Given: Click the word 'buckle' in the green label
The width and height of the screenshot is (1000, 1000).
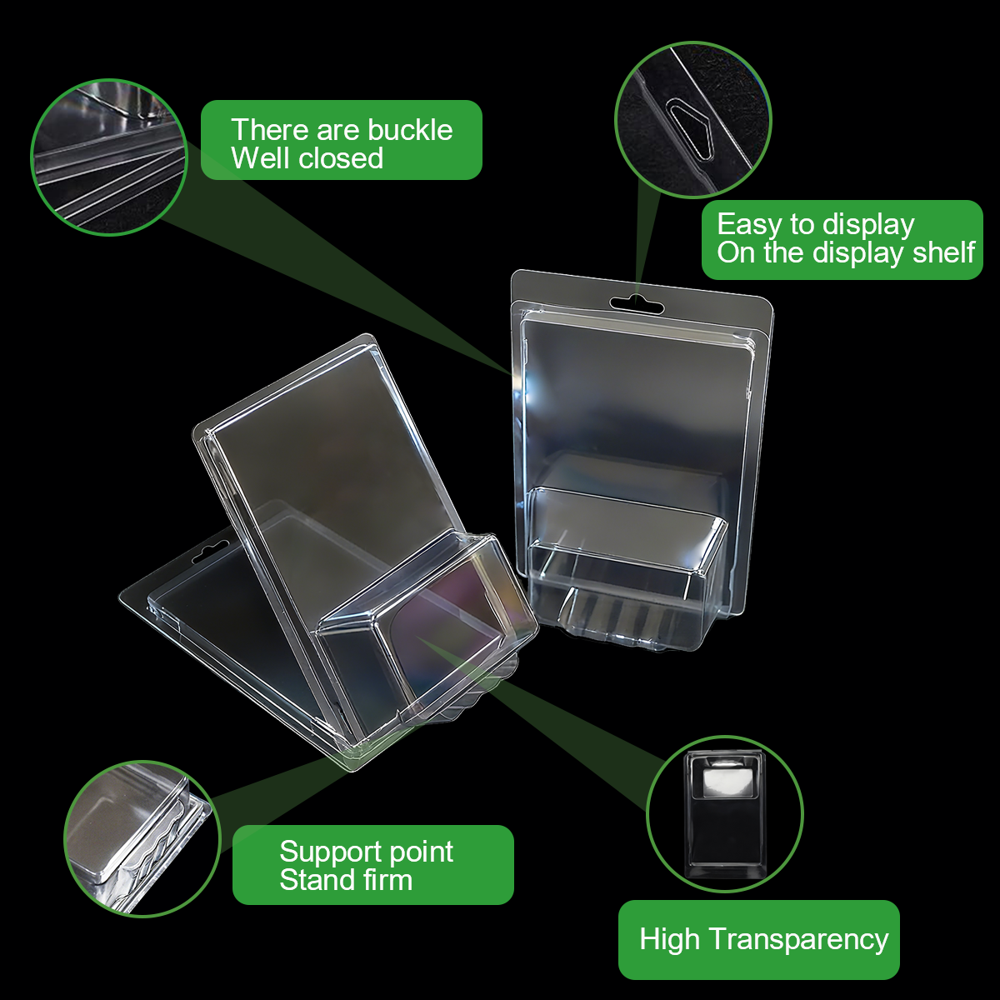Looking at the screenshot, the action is pos(410,130).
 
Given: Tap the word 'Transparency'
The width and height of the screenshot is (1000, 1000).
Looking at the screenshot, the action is pos(798,940).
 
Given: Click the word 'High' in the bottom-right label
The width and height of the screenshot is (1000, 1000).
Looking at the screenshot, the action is pos(669,940).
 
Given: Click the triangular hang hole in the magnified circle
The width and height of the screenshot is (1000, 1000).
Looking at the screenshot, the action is pos(690,130).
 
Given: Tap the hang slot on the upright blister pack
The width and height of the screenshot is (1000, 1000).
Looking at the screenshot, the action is pos(636,304).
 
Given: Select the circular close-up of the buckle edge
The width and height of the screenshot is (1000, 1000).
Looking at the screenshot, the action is pos(109,157).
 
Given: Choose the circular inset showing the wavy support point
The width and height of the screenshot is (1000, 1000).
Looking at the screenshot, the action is pos(142,840).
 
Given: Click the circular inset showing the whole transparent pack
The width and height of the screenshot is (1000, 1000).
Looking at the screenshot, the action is pos(725,813).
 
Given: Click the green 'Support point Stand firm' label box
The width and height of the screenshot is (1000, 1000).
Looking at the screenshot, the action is pos(373,865).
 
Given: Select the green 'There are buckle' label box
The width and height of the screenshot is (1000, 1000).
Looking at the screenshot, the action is pos(342,140).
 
